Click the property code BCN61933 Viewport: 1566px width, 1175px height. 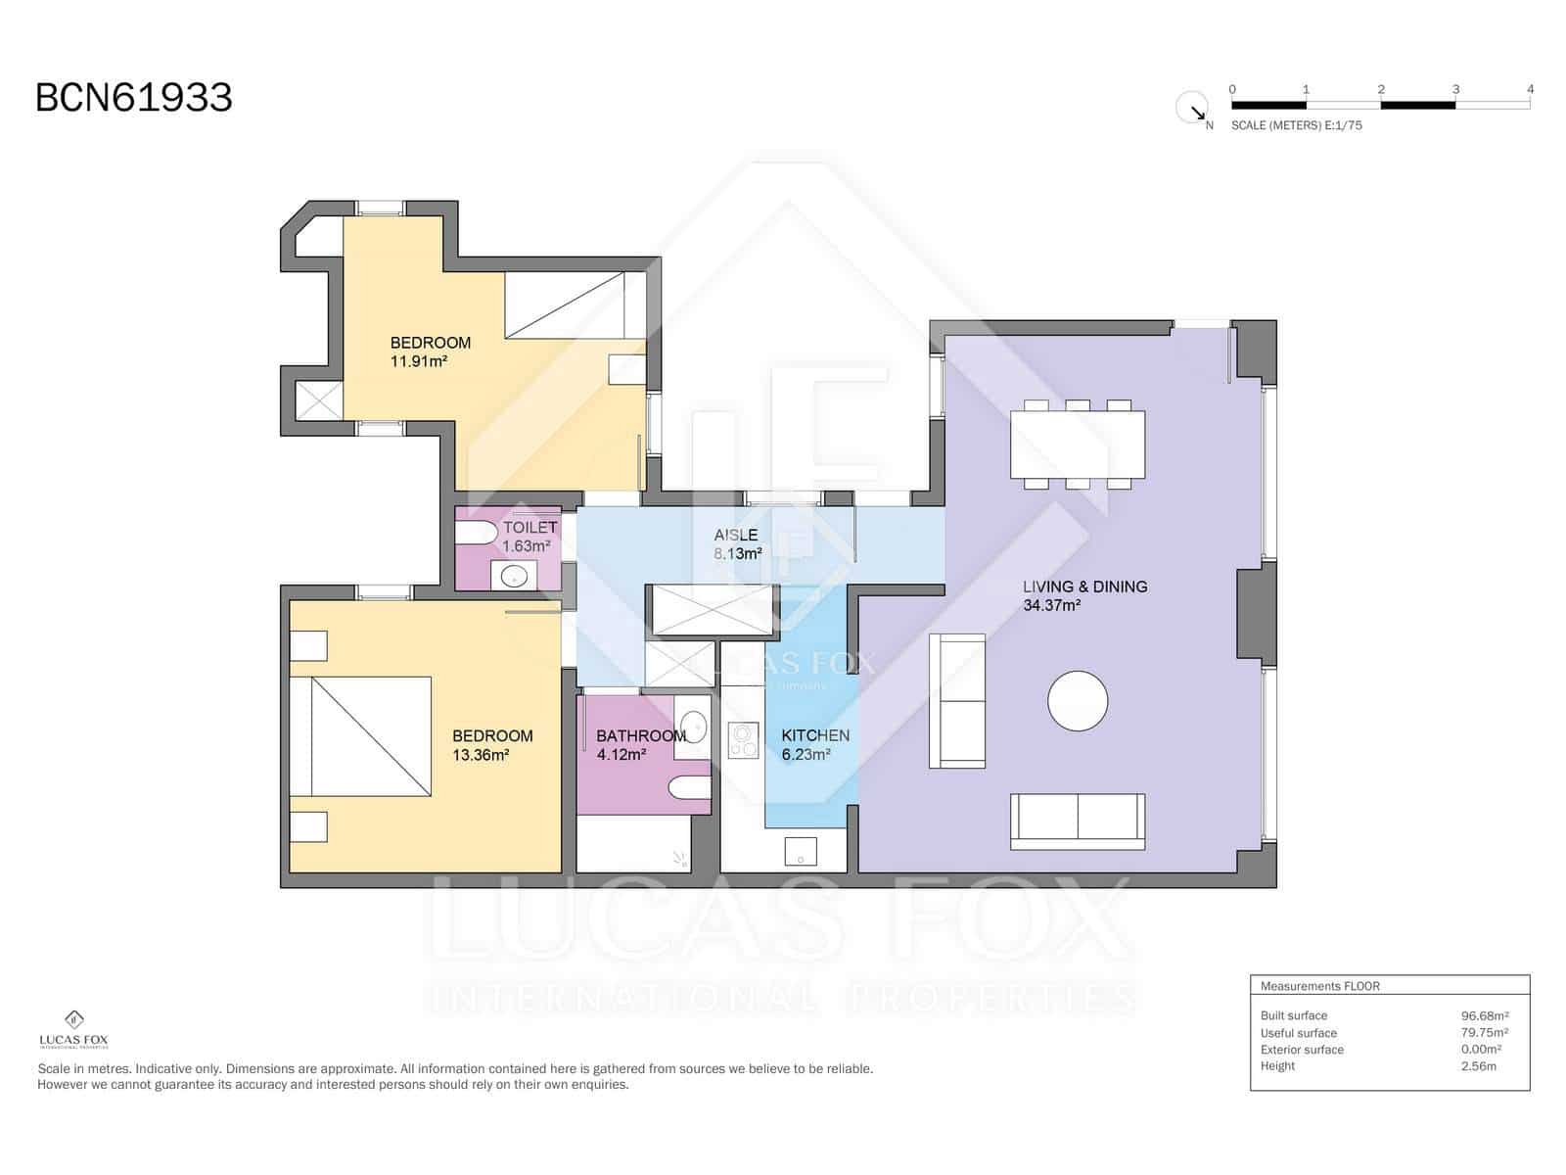[x=134, y=98]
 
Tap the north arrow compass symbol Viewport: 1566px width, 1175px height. [x=1191, y=107]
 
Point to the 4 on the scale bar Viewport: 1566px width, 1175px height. [x=1530, y=89]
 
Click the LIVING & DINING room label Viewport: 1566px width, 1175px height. [x=1084, y=587]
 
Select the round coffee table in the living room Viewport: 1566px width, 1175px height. [x=1078, y=701]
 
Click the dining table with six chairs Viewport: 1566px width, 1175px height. [x=1078, y=444]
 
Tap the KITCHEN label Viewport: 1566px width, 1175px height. [x=814, y=735]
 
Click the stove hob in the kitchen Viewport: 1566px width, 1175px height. [x=744, y=740]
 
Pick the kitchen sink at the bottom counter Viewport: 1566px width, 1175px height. [x=801, y=851]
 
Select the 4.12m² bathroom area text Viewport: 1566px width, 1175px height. [x=621, y=755]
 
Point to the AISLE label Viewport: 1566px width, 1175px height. [x=736, y=535]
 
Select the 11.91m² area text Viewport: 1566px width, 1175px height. [x=419, y=361]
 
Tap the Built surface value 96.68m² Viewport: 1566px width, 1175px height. [x=1484, y=1015]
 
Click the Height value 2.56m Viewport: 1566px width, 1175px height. [x=1478, y=1065]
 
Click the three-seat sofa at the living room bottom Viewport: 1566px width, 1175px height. [x=1078, y=821]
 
